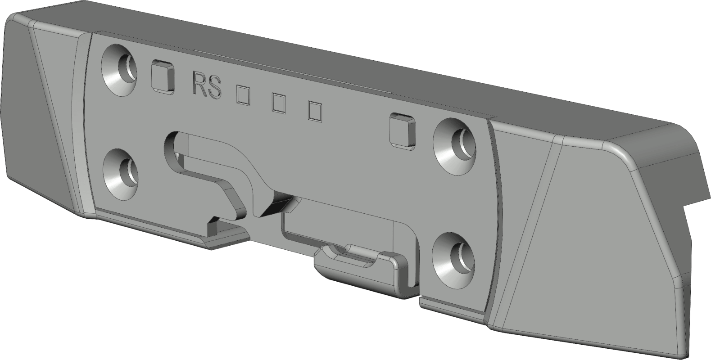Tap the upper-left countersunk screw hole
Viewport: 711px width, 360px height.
tap(119, 70)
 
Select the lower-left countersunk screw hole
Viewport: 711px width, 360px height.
tap(121, 175)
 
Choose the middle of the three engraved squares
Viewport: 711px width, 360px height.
tap(279, 103)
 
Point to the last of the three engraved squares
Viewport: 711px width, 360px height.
tap(315, 111)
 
